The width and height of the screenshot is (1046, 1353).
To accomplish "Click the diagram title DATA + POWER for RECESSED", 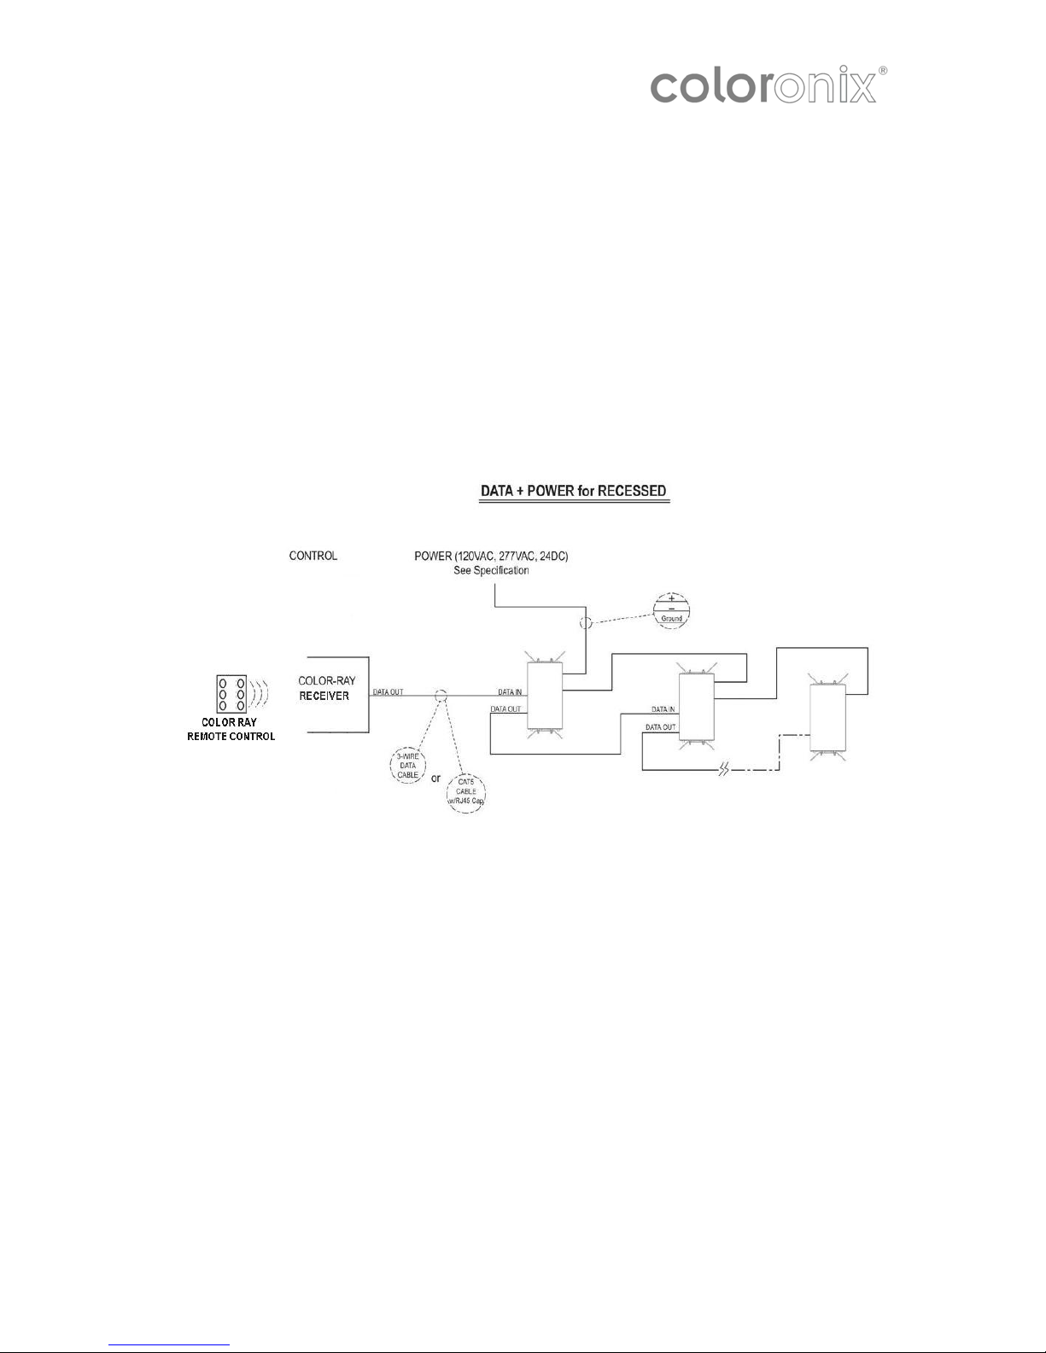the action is click(574, 491).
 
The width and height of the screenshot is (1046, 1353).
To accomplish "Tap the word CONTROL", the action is click(313, 556).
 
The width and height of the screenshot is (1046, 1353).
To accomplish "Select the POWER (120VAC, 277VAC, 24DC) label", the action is click(491, 556).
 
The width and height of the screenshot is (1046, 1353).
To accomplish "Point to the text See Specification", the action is click(491, 570).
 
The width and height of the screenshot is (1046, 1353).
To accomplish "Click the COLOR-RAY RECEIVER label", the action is click(326, 688).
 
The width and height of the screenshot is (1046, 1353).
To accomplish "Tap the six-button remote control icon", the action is click(231, 694).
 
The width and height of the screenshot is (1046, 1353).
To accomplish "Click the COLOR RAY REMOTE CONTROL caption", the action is click(231, 729).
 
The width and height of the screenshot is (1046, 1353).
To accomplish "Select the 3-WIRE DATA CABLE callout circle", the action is click(408, 765).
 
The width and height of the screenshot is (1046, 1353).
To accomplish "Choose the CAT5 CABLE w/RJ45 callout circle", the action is click(465, 795).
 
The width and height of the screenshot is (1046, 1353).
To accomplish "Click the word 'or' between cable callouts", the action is click(435, 779).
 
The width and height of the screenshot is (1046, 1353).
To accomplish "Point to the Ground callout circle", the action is click(671, 610).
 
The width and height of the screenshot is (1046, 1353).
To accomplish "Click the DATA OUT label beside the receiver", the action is click(388, 691).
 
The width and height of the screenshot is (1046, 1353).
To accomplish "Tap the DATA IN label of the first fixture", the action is click(510, 691).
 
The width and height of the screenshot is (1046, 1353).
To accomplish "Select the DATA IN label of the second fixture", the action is click(663, 709).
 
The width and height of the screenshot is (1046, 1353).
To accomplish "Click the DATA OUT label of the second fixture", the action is click(661, 726).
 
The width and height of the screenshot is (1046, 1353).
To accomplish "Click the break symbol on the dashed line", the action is click(723, 770).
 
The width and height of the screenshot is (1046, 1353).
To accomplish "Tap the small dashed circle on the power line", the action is click(586, 622).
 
